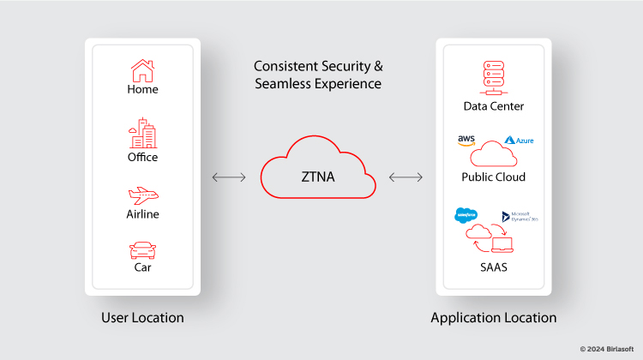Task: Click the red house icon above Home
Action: pos(142,69)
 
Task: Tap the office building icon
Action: pos(142,134)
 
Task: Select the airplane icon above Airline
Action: pos(142,195)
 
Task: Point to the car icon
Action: pos(142,250)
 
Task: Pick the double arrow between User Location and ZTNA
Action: pos(229,177)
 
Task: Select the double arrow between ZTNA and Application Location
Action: pos(406,177)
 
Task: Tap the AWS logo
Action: pos(466,141)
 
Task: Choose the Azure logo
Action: pos(520,140)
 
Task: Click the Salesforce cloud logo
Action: pos(466,215)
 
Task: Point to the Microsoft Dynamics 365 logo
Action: pos(520,217)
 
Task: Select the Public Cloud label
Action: pos(493,177)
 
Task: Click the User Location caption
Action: pos(142,318)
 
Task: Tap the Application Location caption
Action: pos(493,318)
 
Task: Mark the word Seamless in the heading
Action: pos(286,84)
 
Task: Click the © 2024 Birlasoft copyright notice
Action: pos(608,349)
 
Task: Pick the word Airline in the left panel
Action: pos(142,214)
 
